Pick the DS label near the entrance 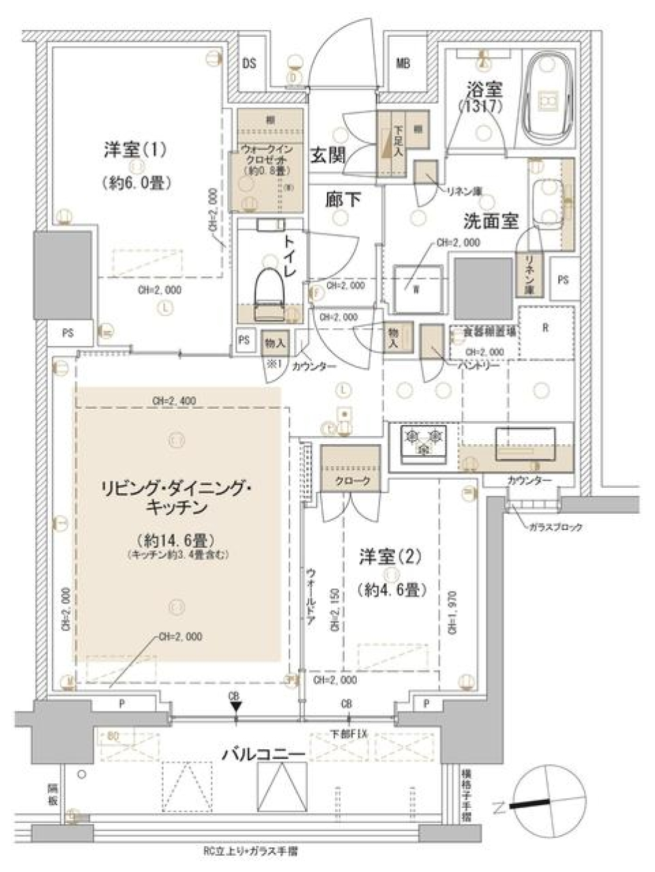(250, 64)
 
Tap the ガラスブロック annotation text (555, 527)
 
